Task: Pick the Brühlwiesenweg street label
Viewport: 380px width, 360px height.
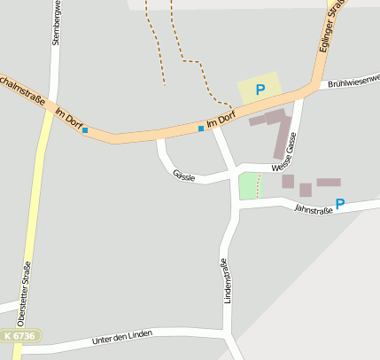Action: [353, 82]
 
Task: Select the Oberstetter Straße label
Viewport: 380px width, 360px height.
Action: [25, 288]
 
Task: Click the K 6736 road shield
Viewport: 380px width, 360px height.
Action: [19, 337]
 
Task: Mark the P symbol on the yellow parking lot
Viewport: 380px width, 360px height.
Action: [260, 89]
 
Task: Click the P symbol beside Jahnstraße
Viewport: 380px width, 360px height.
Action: [340, 203]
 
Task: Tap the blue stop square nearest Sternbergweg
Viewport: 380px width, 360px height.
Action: [85, 130]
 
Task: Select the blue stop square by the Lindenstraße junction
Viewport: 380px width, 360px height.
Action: [201, 129]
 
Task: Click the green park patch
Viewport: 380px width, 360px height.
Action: [250, 186]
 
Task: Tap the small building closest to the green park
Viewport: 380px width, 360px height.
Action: [288, 182]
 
